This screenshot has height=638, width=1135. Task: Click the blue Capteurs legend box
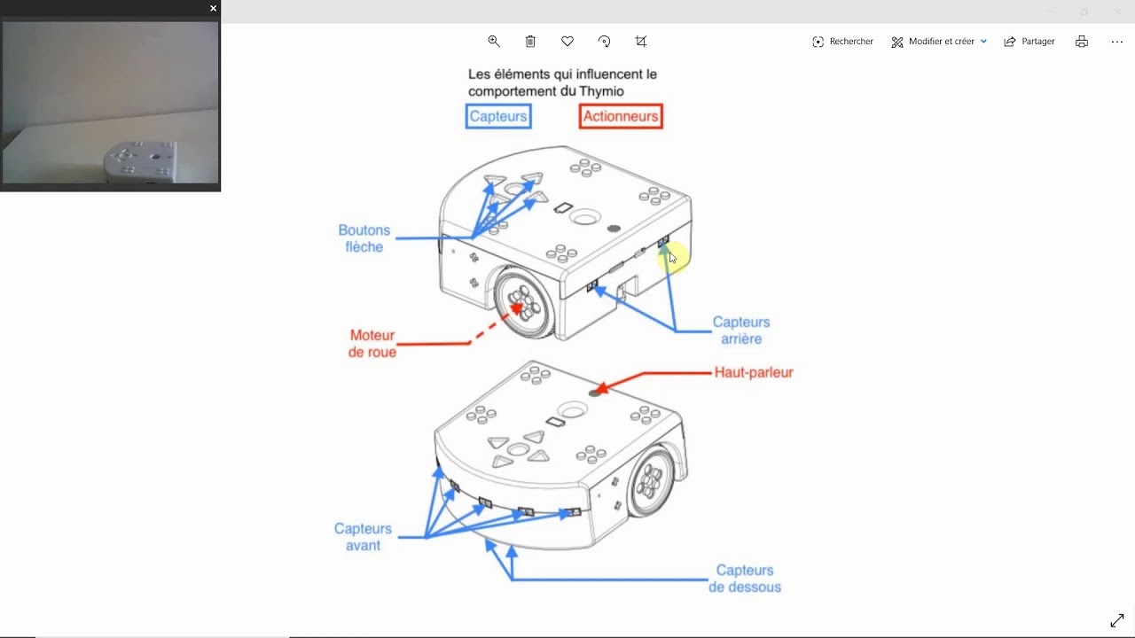[498, 116]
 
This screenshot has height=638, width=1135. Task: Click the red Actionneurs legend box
[621, 116]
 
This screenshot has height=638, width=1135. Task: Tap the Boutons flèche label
[364, 238]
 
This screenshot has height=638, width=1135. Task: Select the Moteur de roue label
[372, 344]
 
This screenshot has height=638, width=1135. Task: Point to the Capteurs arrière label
[741, 331]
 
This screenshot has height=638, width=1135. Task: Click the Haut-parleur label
[754, 372]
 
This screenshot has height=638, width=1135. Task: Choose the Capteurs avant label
[363, 537]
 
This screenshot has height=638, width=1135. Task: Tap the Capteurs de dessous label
[745, 579]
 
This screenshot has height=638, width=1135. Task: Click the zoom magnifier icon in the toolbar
[494, 42]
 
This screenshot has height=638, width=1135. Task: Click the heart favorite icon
[567, 42]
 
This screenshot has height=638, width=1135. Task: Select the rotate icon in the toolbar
[605, 42]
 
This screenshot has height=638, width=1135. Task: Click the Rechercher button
[842, 42]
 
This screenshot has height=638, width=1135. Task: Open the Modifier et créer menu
[939, 42]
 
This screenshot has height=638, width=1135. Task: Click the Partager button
[1029, 42]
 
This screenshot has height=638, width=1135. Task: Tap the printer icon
[1082, 42]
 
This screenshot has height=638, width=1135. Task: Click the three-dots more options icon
[1117, 42]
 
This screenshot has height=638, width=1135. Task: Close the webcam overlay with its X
[213, 8]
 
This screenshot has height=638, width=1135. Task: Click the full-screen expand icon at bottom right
[1117, 621]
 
